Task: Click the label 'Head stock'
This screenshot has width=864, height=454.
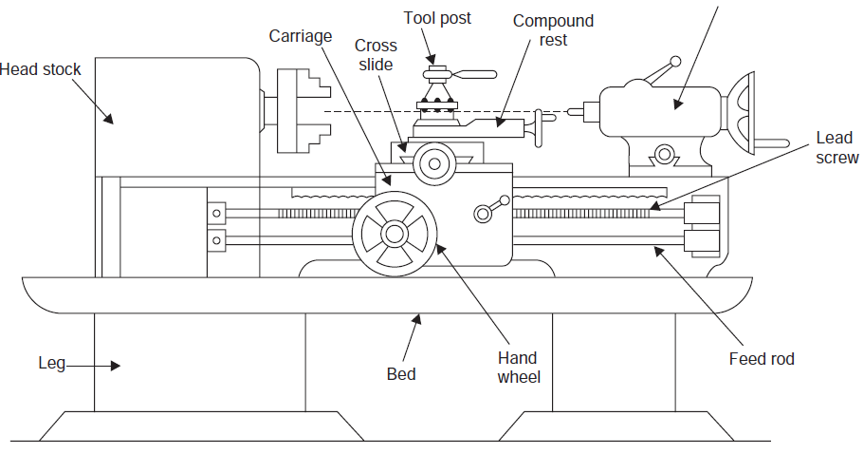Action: click(41, 69)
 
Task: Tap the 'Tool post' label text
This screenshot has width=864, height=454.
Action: click(437, 18)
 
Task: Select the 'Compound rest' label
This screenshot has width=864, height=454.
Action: click(553, 30)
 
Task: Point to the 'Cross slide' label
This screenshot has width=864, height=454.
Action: click(376, 55)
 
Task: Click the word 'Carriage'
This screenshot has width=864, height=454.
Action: click(301, 36)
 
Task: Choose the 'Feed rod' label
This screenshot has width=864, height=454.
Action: click(762, 359)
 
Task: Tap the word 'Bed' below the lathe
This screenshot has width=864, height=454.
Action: click(401, 373)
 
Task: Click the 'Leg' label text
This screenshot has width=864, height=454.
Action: click(51, 364)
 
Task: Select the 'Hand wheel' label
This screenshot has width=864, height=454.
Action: click(518, 368)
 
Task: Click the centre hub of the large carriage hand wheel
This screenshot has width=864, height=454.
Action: click(393, 233)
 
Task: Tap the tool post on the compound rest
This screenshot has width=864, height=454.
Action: click(438, 95)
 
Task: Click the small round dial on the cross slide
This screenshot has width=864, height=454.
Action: click(434, 163)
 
